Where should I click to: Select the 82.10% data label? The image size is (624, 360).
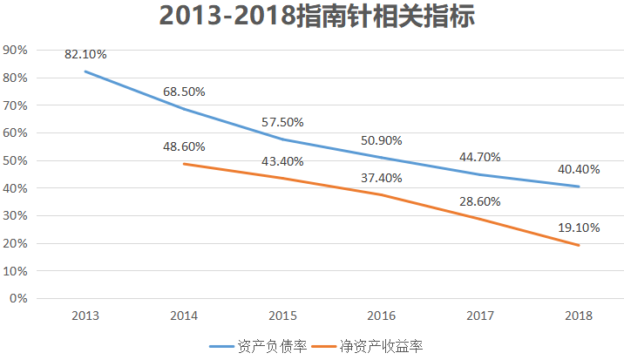click(85, 54)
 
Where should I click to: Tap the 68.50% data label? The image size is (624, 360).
click(184, 92)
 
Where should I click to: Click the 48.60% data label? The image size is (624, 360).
click(184, 147)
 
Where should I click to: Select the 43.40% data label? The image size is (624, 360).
click(282, 161)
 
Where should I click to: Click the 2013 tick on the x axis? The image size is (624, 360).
click(85, 315)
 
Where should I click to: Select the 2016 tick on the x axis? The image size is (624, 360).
click(381, 315)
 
